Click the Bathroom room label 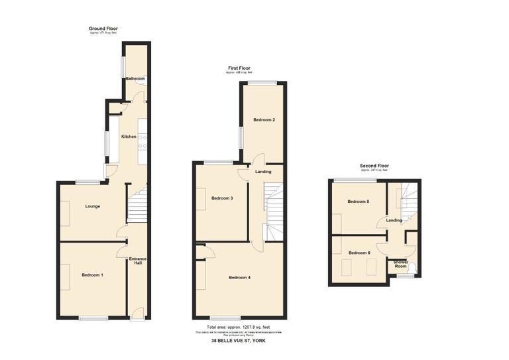click(135, 79)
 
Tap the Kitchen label click(129, 137)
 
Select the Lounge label click(93, 206)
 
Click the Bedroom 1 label click(93, 274)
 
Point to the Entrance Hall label click(138, 261)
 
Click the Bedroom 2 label click(264, 119)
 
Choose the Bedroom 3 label click(222, 198)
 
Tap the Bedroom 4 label click(240, 277)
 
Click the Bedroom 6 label click(359, 253)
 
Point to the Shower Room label click(401, 264)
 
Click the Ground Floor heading click(103, 29)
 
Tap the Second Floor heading click(374, 166)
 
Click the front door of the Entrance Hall click(136, 315)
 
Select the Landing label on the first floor click(262, 172)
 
